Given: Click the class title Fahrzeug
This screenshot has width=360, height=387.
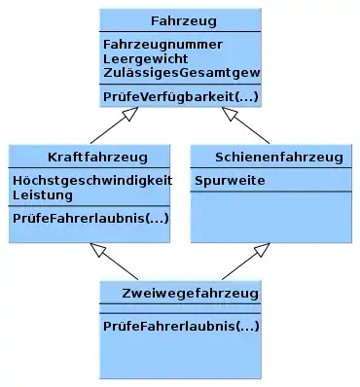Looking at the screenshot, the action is pos(184,21).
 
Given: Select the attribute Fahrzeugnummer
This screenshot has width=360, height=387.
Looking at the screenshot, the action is pos(162,45).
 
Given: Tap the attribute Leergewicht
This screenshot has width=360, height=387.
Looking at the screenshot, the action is pos(145,59).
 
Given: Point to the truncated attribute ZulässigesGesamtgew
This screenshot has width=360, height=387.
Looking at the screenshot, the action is pos(182,73).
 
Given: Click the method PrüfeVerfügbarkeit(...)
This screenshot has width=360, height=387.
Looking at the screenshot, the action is pos(181,96).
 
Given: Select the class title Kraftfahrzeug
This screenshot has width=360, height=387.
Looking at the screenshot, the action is pos(97,158).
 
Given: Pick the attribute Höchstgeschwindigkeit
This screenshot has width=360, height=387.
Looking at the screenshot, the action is pos(92,180).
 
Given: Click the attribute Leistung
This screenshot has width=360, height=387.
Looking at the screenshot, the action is pos(43,195).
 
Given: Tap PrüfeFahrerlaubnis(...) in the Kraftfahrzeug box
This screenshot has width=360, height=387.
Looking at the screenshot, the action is pos(90,218).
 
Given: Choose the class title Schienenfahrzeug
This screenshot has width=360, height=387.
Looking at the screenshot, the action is pos(279,158).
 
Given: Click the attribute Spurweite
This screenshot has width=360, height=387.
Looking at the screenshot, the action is pos(230,181).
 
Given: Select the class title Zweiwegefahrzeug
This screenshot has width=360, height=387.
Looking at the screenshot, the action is pos(191,294).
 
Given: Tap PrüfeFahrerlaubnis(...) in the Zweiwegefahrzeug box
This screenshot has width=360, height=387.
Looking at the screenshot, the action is pos(181,326).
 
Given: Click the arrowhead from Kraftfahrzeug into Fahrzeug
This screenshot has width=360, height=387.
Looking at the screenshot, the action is pos(130,113).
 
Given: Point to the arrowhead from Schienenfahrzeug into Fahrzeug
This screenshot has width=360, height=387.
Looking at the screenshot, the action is pos(230,113).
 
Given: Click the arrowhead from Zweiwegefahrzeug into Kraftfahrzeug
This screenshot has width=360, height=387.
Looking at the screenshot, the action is pos(98,250).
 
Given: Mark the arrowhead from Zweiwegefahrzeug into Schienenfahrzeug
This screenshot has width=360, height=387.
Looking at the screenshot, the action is pos(262,250).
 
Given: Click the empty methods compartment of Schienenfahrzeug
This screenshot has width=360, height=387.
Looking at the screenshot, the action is pos(270,217).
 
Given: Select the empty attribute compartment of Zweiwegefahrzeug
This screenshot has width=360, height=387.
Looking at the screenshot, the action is pos(180,308).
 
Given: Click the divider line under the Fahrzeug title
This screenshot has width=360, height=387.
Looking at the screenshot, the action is pos(180,32).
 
